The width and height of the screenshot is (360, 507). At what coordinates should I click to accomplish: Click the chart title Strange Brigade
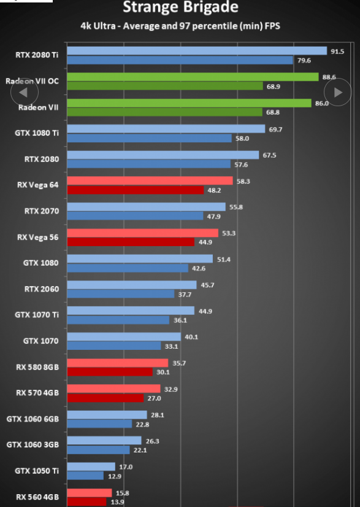[x=180, y=7]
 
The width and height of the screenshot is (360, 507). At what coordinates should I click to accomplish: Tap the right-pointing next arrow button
[x=338, y=92]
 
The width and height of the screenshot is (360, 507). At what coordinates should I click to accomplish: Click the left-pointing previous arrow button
[x=25, y=92]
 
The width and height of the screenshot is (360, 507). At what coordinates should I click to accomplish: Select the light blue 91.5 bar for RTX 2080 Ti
[x=197, y=51]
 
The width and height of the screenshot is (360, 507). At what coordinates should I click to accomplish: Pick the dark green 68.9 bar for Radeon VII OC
[x=165, y=86]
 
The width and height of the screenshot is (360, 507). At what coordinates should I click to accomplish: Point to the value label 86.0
[x=322, y=104]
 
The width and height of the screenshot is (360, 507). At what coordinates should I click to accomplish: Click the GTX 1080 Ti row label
[x=37, y=133]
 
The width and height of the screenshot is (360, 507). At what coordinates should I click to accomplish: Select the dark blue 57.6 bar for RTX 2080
[x=148, y=164]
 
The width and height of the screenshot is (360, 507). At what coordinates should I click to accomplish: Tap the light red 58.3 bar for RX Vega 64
[x=150, y=180]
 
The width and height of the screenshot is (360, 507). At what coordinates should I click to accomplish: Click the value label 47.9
[x=213, y=216]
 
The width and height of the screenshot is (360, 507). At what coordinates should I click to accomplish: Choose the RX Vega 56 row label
[x=38, y=238]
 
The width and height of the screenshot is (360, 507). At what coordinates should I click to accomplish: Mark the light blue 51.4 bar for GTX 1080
[x=140, y=258]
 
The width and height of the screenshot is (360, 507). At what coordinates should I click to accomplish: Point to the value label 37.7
[x=185, y=295]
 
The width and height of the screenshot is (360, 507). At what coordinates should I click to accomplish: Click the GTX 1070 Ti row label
[x=37, y=315]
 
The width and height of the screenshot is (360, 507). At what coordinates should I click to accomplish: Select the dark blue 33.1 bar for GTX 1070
[x=113, y=346]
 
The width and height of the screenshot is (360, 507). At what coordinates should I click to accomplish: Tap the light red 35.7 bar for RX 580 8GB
[x=118, y=363]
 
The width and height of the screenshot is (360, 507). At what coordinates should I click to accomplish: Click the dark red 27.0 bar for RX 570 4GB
[x=105, y=398]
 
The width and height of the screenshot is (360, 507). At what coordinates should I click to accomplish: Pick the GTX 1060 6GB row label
[x=33, y=419]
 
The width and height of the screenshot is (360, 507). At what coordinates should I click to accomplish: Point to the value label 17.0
[x=126, y=467]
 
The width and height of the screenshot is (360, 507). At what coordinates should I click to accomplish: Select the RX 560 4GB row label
[x=37, y=497]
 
